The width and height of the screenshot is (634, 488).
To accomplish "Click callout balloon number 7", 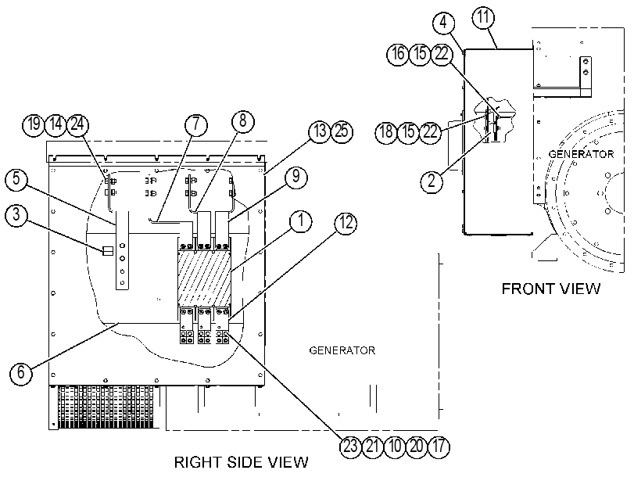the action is [x=196, y=124].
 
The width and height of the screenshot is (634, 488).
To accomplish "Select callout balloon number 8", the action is [x=242, y=120].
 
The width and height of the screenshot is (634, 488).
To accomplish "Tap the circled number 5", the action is [x=16, y=179].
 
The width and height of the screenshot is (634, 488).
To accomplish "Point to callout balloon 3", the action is [x=16, y=215].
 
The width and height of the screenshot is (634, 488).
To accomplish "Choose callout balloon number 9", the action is [x=296, y=177].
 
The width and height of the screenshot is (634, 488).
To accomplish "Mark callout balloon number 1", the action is [x=301, y=222].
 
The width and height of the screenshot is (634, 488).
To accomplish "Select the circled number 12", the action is [x=346, y=224].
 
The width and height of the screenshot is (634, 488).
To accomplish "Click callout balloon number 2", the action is [x=432, y=181].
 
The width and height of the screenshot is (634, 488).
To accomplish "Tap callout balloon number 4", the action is [x=443, y=23].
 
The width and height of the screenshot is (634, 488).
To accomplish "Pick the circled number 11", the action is [x=483, y=18].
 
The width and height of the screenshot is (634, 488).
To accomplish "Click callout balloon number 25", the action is [x=342, y=131].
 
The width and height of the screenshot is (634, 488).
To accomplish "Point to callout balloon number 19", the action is [x=34, y=124].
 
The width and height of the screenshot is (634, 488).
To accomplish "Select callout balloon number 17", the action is [x=439, y=447].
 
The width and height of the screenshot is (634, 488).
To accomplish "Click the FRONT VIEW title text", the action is [x=551, y=289].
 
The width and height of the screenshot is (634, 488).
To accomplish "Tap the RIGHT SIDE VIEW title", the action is [x=242, y=462].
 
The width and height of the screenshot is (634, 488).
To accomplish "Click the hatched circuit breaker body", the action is [x=204, y=278].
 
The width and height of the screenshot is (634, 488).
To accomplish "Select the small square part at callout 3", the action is [x=108, y=251].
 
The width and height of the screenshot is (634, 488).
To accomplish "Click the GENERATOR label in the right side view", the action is [x=342, y=350].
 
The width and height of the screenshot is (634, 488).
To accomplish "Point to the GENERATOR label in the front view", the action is [x=581, y=154].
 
